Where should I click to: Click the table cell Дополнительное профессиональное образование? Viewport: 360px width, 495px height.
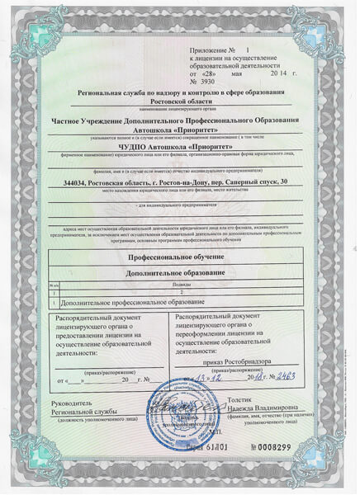122,300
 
